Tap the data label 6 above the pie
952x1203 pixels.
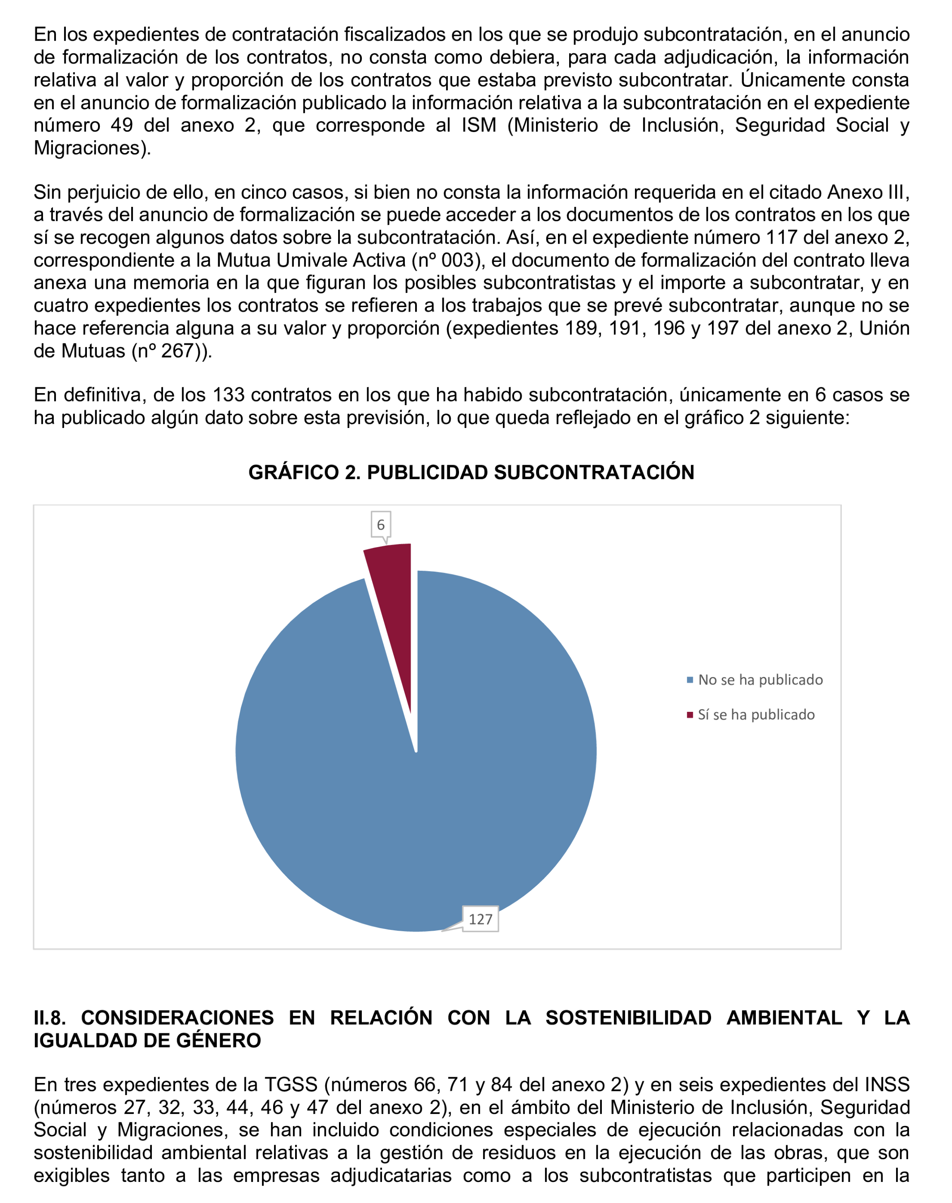pyautogui.click(x=381, y=524)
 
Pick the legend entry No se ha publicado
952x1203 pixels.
pyautogui.click(x=760, y=680)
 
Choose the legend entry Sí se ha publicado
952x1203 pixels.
pyautogui.click(x=756, y=715)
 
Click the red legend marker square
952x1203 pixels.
pyautogui.click(x=690, y=715)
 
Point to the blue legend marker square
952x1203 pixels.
pyautogui.click(x=690, y=680)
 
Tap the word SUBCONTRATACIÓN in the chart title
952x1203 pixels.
pyautogui.click(x=594, y=472)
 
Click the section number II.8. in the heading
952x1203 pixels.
pyautogui.click(x=50, y=1018)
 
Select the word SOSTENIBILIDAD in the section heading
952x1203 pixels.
pyautogui.click(x=628, y=1018)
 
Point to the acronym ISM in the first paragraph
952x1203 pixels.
pyautogui.click(x=479, y=125)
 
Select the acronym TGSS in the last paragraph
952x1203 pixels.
pyautogui.click(x=291, y=1084)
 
